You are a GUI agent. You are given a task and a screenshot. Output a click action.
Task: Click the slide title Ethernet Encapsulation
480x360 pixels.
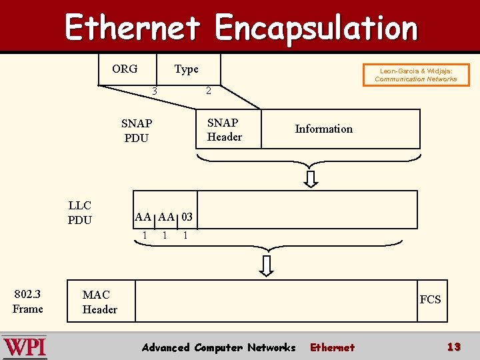(x=241, y=28)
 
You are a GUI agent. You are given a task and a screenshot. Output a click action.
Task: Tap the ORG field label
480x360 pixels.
(x=125, y=69)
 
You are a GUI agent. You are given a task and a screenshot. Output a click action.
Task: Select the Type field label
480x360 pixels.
(x=186, y=69)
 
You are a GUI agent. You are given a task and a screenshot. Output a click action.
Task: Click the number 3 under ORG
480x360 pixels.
(x=154, y=91)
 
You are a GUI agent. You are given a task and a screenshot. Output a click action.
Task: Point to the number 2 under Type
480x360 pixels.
(x=208, y=91)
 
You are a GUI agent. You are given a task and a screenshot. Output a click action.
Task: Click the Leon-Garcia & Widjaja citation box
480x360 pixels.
(x=416, y=75)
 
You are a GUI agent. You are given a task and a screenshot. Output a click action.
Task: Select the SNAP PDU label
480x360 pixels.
(x=137, y=131)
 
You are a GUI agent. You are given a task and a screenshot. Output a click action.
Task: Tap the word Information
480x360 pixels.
(x=323, y=129)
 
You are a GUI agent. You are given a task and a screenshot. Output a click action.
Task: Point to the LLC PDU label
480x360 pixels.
(x=79, y=213)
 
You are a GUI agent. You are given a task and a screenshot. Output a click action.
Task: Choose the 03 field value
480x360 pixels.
(x=187, y=217)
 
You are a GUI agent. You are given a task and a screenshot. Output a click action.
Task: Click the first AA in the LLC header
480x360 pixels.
(x=143, y=217)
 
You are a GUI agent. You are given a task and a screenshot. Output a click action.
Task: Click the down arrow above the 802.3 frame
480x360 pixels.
(x=267, y=265)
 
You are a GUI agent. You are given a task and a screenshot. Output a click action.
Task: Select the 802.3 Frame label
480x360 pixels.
(x=27, y=301)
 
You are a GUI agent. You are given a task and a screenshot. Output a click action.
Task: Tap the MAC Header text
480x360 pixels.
(x=99, y=302)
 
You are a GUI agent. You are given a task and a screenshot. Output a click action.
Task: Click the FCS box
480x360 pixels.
(x=430, y=300)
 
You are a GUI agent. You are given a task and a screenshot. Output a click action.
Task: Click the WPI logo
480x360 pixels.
(x=25, y=347)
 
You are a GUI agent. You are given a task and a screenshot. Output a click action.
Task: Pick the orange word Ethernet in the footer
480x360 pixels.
(x=332, y=347)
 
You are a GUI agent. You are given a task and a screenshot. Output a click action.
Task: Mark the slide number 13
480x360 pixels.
(x=454, y=347)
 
